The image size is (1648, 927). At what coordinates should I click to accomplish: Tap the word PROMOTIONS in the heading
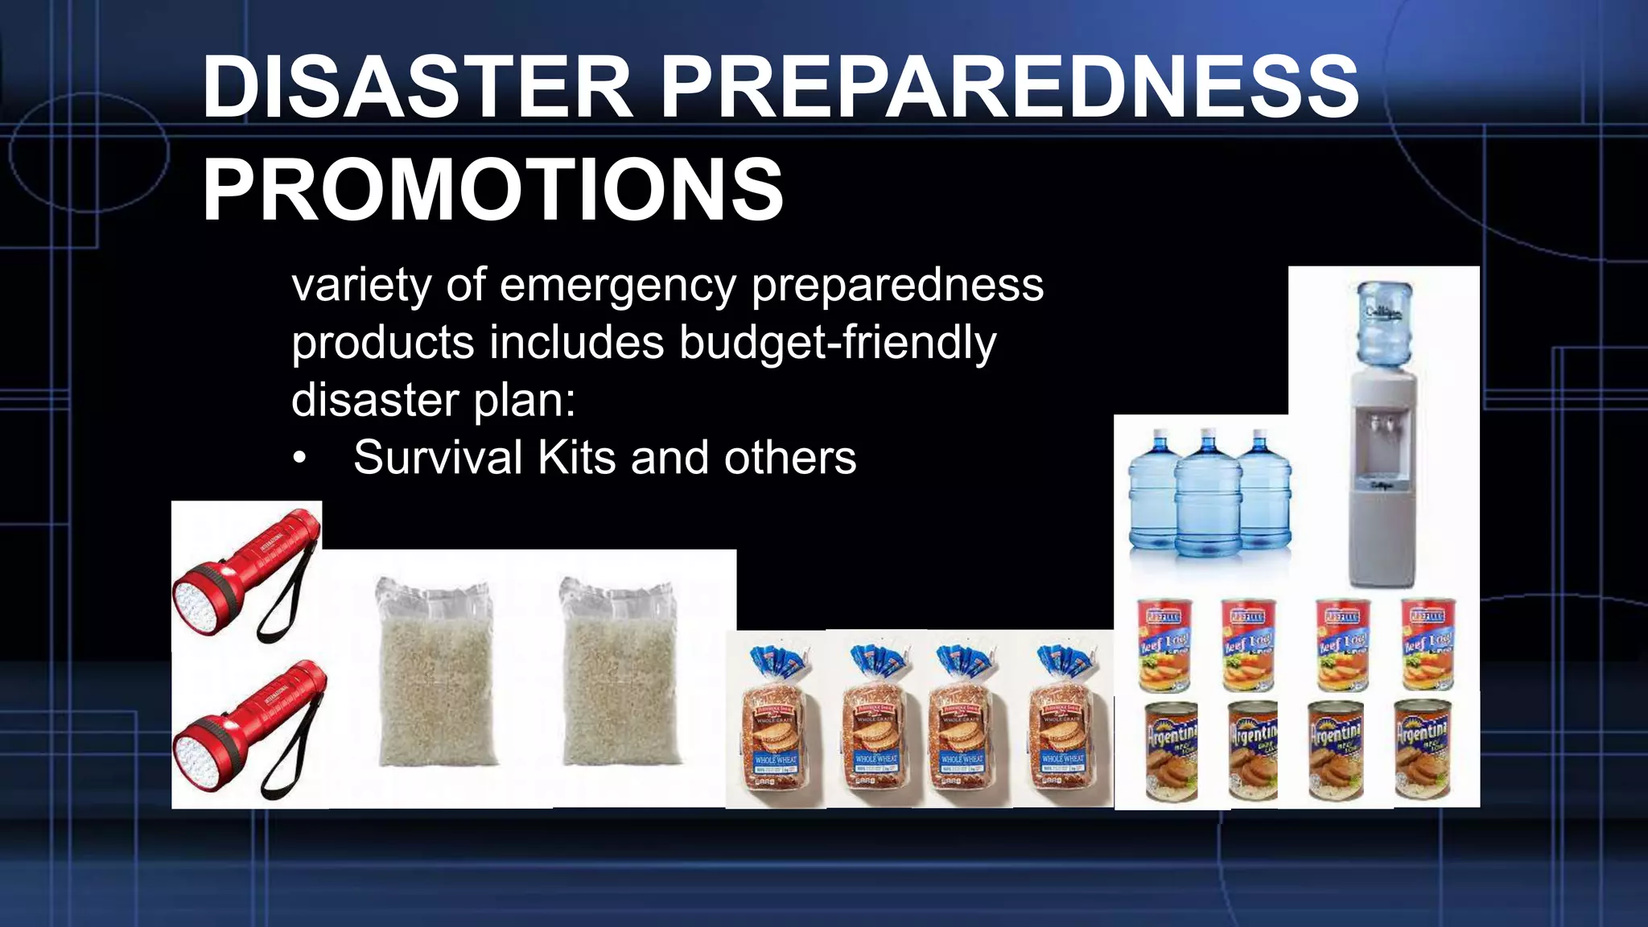[x=492, y=190]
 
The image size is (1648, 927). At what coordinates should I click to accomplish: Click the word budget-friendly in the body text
[x=837, y=343]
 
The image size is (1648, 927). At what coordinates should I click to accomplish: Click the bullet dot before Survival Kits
[x=300, y=459]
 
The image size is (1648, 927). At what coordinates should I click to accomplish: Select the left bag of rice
[x=435, y=671]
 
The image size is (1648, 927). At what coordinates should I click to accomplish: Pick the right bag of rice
[x=619, y=671]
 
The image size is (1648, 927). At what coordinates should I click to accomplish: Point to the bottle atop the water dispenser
[x=1384, y=322]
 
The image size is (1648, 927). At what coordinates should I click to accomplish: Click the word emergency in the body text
[x=617, y=285]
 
